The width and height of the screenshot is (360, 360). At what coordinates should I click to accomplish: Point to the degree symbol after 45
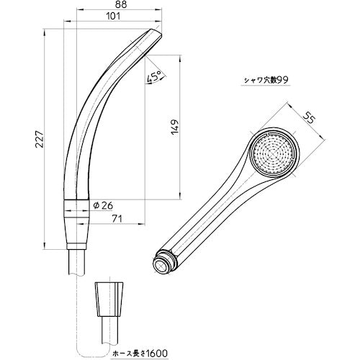pos(159,74)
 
